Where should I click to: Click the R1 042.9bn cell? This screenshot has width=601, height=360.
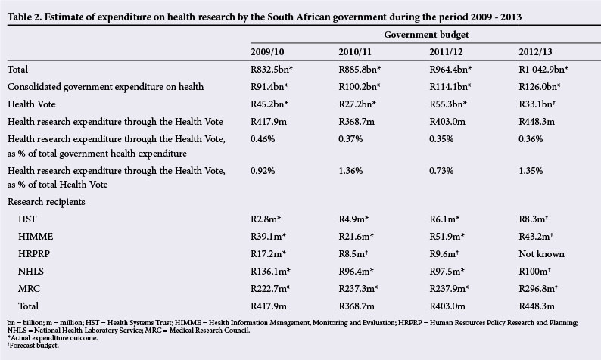tap(538, 69)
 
